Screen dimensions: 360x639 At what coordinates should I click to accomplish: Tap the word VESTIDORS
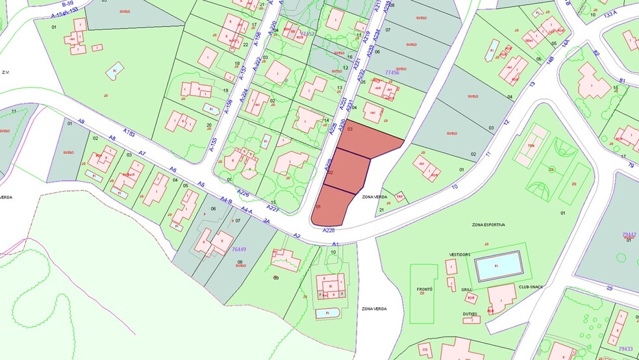click(x=458, y=255)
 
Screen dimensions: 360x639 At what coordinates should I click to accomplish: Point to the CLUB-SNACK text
click(x=531, y=287)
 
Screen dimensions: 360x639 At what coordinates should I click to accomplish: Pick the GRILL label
click(x=466, y=290)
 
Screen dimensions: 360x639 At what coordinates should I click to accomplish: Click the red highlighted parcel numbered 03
click(x=370, y=140)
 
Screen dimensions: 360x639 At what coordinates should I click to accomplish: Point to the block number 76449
click(x=239, y=249)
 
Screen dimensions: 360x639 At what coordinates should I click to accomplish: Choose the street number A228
click(x=328, y=229)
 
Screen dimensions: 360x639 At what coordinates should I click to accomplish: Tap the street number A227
click(x=273, y=208)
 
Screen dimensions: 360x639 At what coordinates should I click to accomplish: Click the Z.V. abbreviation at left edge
click(x=8, y=73)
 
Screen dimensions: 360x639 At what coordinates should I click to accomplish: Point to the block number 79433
click(x=627, y=349)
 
